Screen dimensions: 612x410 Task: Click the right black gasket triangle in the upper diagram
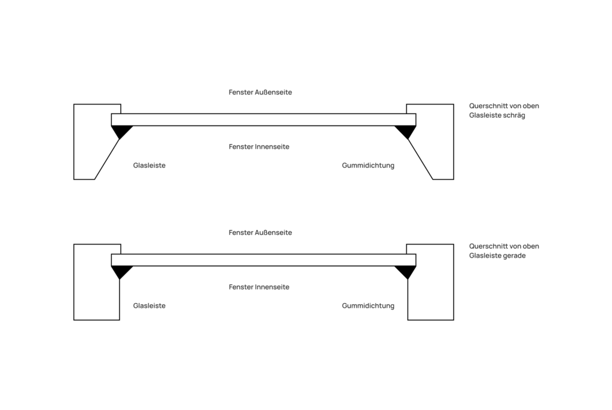(406, 131)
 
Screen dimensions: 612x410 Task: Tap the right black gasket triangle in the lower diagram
(406, 271)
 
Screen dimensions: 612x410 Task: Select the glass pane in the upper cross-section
(264, 120)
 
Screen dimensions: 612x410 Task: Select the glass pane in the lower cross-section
(264, 260)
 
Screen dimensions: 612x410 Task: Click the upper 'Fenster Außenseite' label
(261, 92)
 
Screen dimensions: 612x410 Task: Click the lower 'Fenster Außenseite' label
(261, 232)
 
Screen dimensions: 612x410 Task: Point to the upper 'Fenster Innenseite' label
(259, 146)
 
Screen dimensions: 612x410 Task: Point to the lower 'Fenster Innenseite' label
(259, 287)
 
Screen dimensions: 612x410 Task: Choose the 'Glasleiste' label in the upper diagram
(149, 165)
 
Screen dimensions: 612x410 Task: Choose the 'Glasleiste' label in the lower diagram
(149, 305)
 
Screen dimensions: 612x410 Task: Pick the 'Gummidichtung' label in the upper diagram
(368, 165)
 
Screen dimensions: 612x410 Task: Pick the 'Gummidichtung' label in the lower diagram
(368, 305)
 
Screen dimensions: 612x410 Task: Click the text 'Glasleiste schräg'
(497, 115)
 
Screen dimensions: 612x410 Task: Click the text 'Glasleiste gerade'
(497, 255)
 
